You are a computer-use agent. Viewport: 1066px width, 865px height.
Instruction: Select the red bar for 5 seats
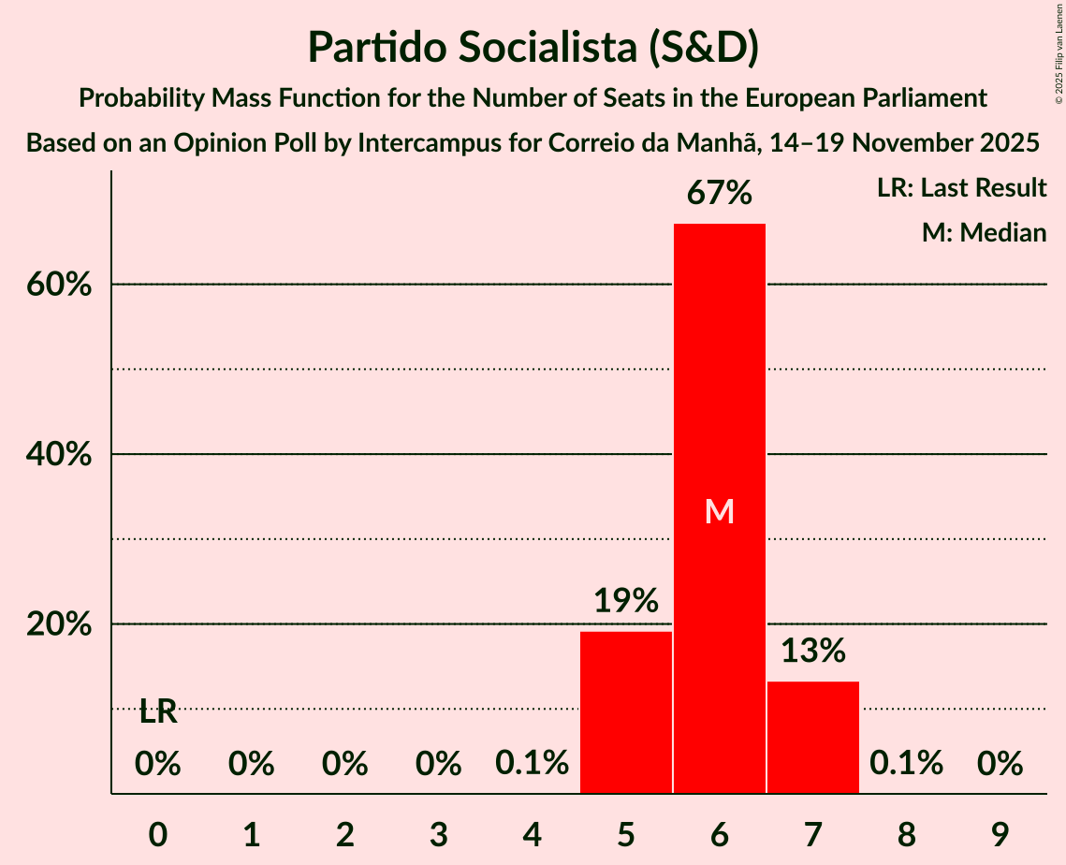pyautogui.click(x=626, y=711)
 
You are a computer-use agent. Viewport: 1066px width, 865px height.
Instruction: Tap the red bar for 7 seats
pyautogui.click(x=812, y=737)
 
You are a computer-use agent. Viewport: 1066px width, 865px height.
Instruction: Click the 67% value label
pyautogui.click(x=719, y=194)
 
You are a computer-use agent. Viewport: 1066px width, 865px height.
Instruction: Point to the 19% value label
pyautogui.click(x=626, y=601)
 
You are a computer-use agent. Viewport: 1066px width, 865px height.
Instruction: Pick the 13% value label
pyautogui.click(x=812, y=651)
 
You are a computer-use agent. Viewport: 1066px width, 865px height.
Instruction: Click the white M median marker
pyautogui.click(x=719, y=511)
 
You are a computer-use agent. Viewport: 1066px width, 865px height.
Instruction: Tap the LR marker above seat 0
pyautogui.click(x=158, y=711)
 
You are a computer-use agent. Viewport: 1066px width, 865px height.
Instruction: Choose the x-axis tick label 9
pyautogui.click(x=1000, y=834)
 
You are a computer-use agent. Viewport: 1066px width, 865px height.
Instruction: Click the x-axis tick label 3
pyautogui.click(x=439, y=834)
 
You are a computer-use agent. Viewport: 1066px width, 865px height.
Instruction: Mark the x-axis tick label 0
pyautogui.click(x=158, y=834)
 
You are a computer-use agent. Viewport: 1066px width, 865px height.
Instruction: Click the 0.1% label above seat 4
pyautogui.click(x=533, y=764)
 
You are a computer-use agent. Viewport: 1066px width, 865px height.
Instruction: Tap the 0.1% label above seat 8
pyautogui.click(x=906, y=764)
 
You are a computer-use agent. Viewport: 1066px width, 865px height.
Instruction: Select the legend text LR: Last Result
pyautogui.click(x=961, y=188)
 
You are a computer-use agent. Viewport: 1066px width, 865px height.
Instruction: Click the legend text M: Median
pyautogui.click(x=984, y=232)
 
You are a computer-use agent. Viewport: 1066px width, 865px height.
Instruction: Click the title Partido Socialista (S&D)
pyautogui.click(x=533, y=47)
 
